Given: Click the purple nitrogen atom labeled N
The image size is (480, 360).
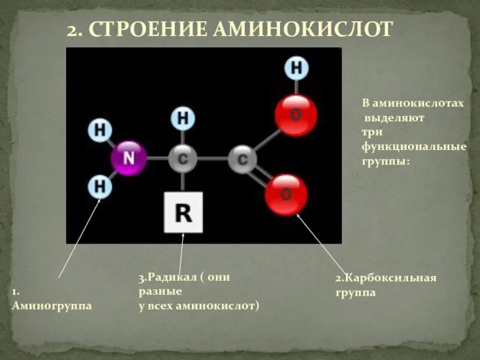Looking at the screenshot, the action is [x=128, y=158].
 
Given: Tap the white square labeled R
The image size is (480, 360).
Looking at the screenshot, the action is [x=183, y=212].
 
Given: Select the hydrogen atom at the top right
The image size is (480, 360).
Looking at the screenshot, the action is [x=296, y=68].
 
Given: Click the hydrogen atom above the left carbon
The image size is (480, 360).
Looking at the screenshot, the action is [x=183, y=118].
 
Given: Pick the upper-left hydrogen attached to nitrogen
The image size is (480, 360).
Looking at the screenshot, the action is [x=100, y=129].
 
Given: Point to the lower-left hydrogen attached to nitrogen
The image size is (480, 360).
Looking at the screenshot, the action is [x=100, y=187].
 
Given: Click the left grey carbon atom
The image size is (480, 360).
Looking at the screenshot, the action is [x=182, y=159].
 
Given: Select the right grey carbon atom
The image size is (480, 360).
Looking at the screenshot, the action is [x=242, y=160].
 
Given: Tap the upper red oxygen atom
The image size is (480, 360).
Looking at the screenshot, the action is [x=296, y=115].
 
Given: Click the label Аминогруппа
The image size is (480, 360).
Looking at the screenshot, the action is [x=52, y=305].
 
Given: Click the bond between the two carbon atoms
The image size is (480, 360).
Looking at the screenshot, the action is [x=212, y=159].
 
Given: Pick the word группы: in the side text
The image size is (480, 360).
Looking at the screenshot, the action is [x=385, y=161].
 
